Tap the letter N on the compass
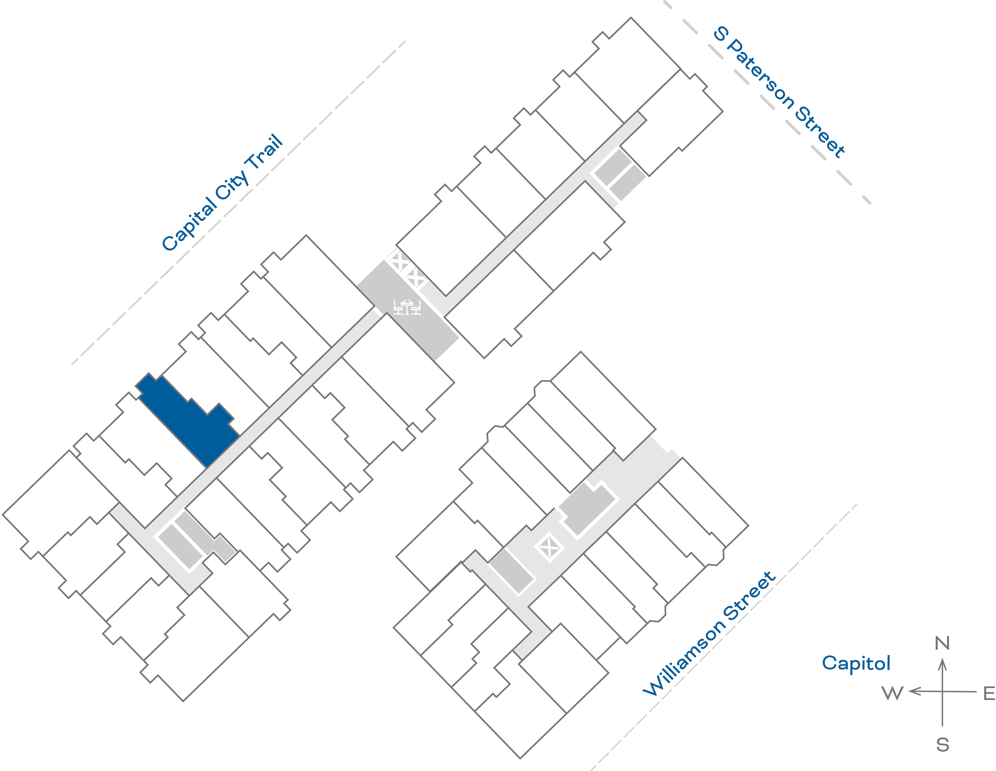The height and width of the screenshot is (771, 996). (942, 643)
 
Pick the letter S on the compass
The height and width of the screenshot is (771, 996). (943, 745)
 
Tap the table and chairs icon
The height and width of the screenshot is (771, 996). (407, 307)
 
